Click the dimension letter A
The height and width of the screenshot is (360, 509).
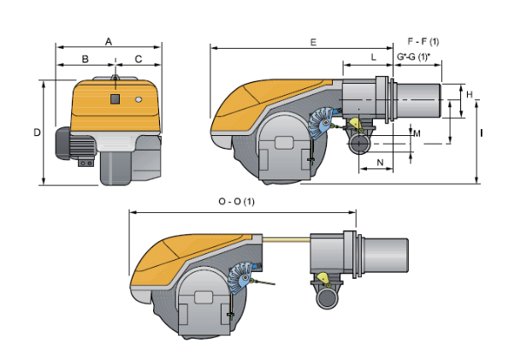[109, 42]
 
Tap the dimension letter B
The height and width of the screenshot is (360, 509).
[85, 59]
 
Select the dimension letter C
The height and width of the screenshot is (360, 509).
[139, 59]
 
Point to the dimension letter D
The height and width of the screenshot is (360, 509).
[38, 133]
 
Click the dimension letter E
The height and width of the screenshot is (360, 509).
[313, 43]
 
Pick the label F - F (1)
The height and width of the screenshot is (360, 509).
[423, 42]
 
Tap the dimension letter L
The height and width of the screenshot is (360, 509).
[374, 57]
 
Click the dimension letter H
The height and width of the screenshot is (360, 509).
[470, 94]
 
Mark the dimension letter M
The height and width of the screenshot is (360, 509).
[417, 133]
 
